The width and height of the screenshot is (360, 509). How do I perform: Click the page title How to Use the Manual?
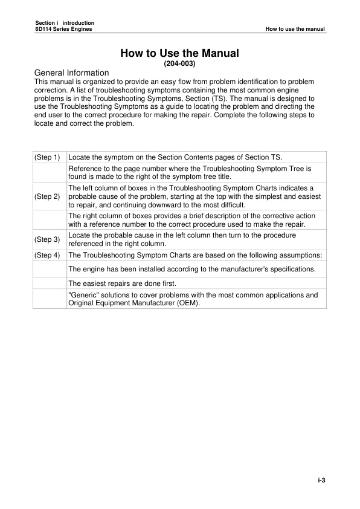179,53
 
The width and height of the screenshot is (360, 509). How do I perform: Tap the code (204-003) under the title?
179,63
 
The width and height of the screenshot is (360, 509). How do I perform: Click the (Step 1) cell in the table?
48,157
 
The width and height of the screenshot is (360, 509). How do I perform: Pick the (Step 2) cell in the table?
48,196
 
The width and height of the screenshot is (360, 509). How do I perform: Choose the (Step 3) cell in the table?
48,239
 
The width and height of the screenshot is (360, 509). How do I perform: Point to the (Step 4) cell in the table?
48,255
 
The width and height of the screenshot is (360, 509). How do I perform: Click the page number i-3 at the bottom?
322,481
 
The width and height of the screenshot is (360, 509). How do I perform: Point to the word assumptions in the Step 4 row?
298,255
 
